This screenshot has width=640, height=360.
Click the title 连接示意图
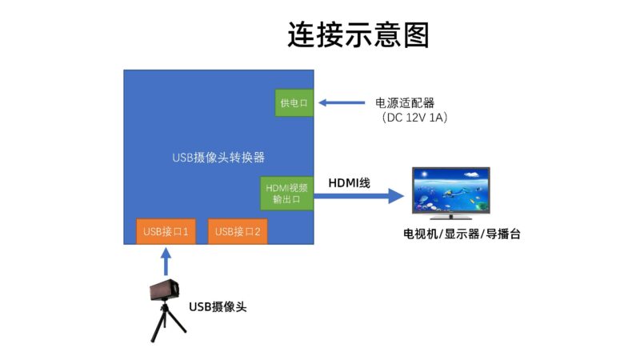point(358,35)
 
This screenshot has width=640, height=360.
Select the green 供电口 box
point(294,103)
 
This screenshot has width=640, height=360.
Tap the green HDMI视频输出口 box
point(286,194)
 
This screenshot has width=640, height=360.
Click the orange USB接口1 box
point(166,231)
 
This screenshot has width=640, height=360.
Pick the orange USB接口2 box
point(238,231)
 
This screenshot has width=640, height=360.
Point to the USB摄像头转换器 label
point(218,158)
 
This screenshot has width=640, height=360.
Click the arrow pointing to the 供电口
point(342,103)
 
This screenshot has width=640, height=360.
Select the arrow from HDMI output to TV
point(358,196)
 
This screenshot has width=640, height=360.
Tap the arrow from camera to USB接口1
point(166,262)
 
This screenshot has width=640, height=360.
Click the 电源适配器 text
point(405,103)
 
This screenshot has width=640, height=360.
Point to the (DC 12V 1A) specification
point(415,118)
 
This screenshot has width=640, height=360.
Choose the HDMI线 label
point(350,183)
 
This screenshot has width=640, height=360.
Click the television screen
point(451,190)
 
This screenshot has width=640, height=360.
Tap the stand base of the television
point(450,217)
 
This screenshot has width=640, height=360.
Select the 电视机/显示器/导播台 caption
point(462,234)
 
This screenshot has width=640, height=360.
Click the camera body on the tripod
point(165,290)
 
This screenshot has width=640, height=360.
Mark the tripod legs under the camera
point(166,322)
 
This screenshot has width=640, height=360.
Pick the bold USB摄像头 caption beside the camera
point(218,307)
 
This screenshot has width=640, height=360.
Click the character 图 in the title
point(416,35)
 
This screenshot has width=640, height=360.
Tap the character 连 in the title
point(302,35)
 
